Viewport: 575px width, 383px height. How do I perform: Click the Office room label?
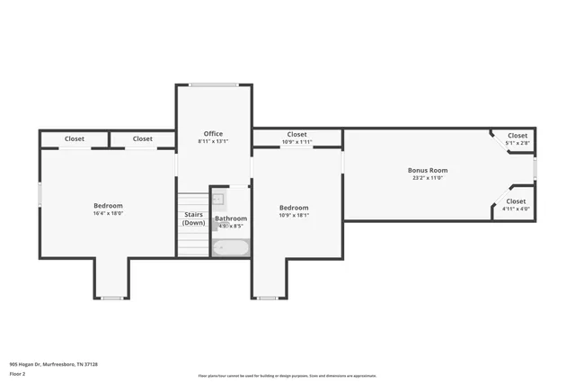click(213, 134)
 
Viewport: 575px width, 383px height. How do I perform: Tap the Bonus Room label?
click(428, 170)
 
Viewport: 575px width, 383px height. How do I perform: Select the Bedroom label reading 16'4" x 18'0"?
click(108, 206)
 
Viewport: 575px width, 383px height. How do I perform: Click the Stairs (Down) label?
click(193, 218)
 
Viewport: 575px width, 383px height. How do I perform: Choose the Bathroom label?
click(231, 218)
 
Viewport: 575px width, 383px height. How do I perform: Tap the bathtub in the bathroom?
click(231, 248)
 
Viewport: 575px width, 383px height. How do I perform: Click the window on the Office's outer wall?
click(214, 85)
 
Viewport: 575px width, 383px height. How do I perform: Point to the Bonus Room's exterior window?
click(535, 169)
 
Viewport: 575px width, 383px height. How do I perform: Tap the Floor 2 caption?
click(17, 373)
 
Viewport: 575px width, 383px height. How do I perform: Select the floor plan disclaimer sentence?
click(287, 376)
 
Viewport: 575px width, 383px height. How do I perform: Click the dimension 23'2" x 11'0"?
click(428, 177)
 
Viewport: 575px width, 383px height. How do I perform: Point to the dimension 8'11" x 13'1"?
click(213, 141)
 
